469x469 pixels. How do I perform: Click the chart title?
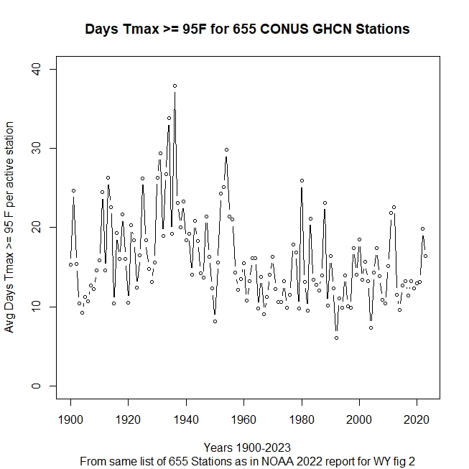(x=247, y=29)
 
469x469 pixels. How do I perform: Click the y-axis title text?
(x=10, y=228)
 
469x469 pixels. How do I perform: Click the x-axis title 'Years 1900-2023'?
(x=247, y=447)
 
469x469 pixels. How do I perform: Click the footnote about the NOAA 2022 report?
(x=247, y=460)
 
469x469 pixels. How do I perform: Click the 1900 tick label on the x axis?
(x=71, y=419)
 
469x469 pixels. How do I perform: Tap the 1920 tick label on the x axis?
(x=129, y=419)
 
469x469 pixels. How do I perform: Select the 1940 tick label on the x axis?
(x=186, y=419)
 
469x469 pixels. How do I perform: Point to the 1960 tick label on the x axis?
(x=244, y=419)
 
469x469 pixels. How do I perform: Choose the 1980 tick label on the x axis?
(x=302, y=419)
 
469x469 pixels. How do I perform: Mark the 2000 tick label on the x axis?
(x=359, y=419)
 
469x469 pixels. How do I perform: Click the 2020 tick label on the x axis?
(x=417, y=419)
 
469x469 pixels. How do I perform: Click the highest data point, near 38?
(x=175, y=85)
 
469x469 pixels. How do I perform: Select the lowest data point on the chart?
(x=336, y=338)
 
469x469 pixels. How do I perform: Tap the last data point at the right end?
(x=425, y=256)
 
